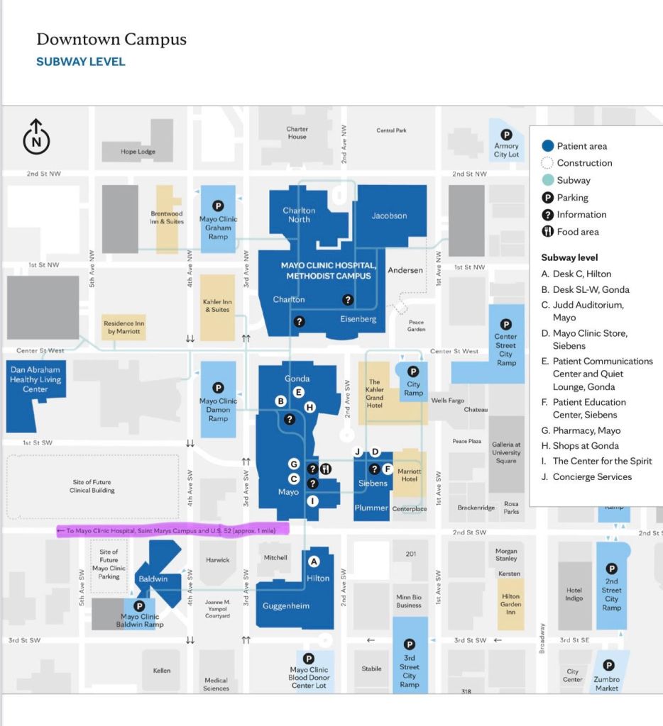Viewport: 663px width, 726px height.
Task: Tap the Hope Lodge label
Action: (x=138, y=152)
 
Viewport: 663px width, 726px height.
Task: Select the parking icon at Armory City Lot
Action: (x=506, y=135)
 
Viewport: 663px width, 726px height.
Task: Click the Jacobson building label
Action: (x=389, y=216)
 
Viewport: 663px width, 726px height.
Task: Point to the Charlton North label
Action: (x=299, y=215)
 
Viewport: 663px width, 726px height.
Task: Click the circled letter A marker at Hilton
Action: (x=314, y=562)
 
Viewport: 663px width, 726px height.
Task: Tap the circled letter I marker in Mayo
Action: (x=312, y=501)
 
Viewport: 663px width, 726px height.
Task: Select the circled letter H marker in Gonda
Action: (x=309, y=406)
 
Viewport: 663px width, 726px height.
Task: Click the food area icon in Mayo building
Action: (x=327, y=469)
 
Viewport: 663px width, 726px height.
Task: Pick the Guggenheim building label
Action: (x=285, y=606)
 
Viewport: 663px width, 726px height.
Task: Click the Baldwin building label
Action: (x=153, y=579)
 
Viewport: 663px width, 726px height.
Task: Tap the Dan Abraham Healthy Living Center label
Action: (x=35, y=379)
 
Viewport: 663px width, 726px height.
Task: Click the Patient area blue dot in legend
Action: (x=547, y=146)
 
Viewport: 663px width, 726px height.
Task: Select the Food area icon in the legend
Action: (x=547, y=232)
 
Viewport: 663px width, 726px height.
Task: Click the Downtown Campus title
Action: (x=111, y=40)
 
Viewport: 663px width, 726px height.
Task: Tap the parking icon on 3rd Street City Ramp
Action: (x=409, y=644)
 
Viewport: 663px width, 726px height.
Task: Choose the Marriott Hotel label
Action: (x=410, y=475)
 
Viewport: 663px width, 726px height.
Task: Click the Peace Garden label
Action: (x=416, y=325)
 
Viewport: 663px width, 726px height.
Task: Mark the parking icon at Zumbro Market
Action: (x=608, y=665)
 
